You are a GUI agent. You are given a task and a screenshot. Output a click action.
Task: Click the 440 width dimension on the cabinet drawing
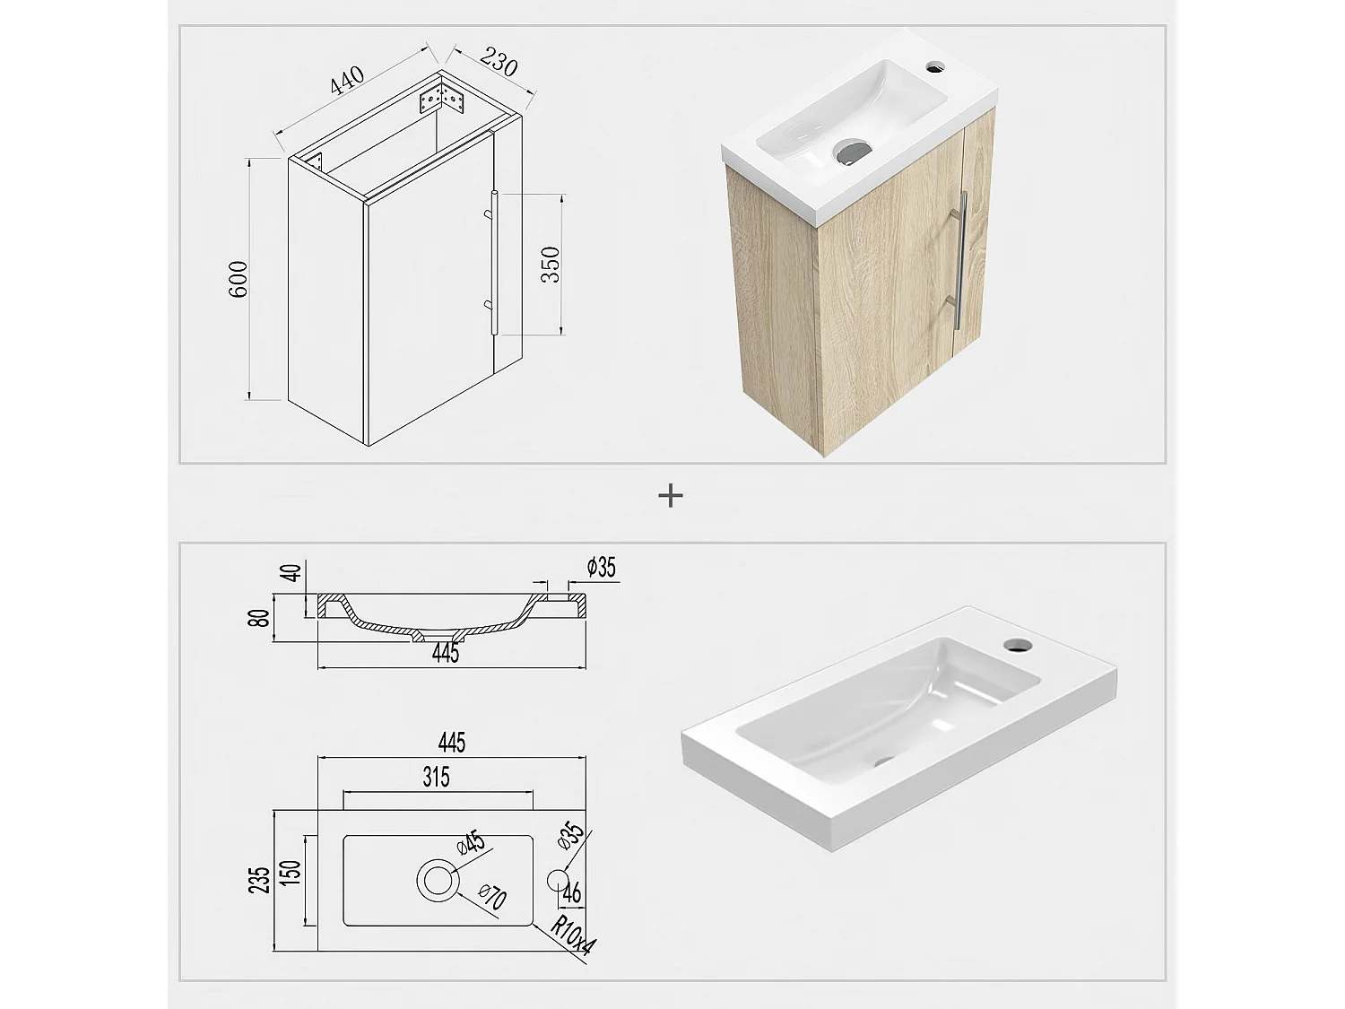[x=348, y=79]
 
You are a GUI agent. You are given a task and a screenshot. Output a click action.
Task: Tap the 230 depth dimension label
[x=499, y=63]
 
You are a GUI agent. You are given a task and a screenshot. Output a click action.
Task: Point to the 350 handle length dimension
[x=551, y=265]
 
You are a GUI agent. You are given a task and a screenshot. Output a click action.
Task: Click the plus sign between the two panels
[x=671, y=495]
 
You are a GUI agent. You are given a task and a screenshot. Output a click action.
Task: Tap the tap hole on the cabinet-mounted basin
[x=936, y=65]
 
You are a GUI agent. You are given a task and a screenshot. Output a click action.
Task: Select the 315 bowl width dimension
[x=436, y=777]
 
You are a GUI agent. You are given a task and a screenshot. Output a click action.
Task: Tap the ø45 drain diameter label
[x=471, y=844]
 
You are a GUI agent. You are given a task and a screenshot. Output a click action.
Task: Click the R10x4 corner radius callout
[x=570, y=938]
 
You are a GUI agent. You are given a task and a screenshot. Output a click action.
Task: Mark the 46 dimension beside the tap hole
[x=572, y=893]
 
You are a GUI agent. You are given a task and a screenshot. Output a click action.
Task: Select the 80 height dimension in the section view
[x=260, y=618]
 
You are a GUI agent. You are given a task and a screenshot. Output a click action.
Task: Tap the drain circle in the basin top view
[x=438, y=880]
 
